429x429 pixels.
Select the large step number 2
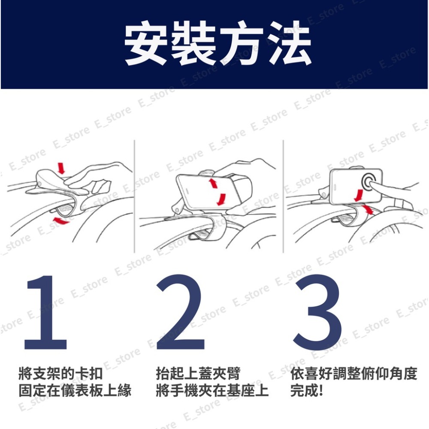pos(179,313)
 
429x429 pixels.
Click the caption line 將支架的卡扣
pos(60,374)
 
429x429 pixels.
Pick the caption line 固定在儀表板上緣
pos(75,391)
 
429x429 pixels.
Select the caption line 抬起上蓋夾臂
pos(198,374)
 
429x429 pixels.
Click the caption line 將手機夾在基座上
pos(212,391)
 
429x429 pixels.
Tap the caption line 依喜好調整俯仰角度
pos(353,374)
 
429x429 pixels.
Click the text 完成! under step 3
pos(306,391)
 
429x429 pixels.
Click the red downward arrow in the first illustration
pos(61,168)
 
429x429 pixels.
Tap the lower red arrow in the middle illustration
pos(221,199)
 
